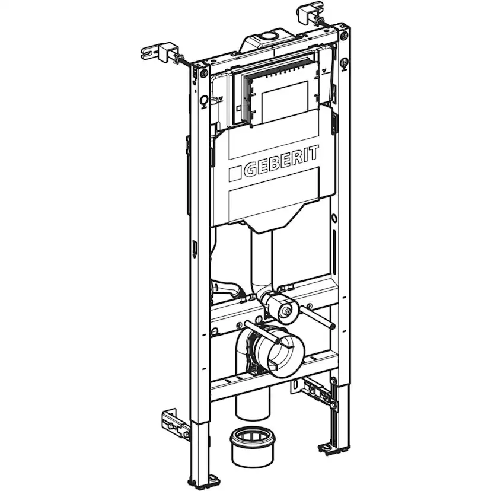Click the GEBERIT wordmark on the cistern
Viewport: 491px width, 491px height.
[x=282, y=161]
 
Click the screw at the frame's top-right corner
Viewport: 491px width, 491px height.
[x=343, y=37]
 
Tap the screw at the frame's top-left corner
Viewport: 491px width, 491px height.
[x=204, y=74]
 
